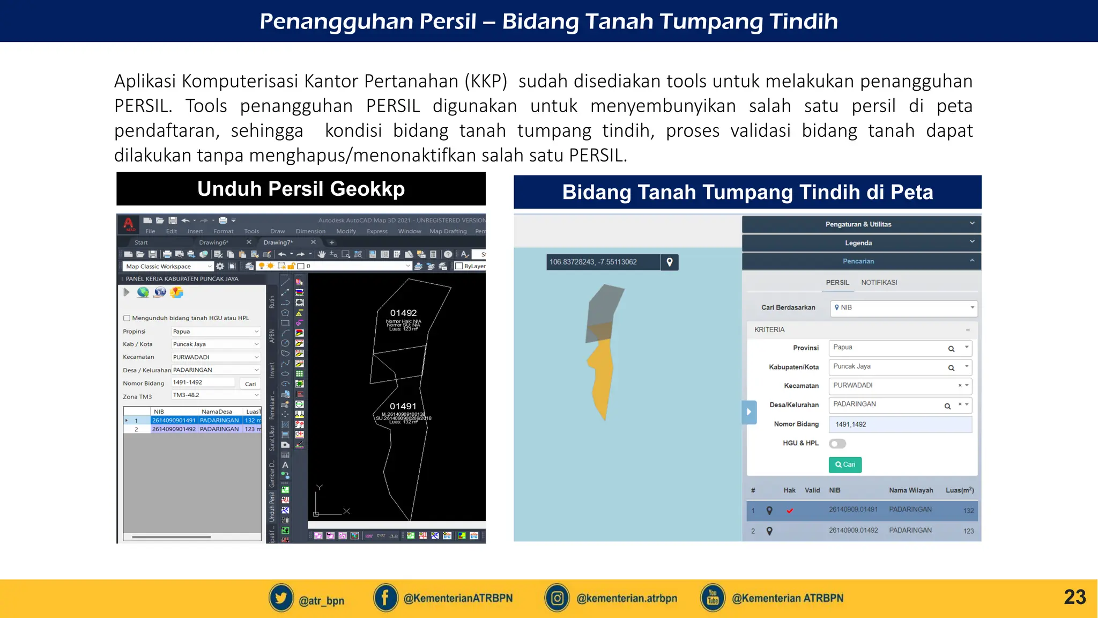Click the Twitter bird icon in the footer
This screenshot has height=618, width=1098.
tap(281, 598)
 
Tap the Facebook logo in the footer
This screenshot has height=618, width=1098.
tap(385, 598)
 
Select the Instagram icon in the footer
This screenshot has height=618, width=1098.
tap(557, 598)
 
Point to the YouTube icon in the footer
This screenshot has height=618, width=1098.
tap(713, 598)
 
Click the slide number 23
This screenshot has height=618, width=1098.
tap(1074, 597)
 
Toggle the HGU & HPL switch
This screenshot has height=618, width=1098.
tap(837, 444)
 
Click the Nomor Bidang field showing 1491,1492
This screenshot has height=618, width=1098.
tap(900, 424)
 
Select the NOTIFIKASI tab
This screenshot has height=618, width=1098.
tap(879, 283)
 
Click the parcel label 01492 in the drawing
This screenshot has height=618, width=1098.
tap(403, 313)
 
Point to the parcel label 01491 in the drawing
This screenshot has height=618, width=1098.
tap(403, 406)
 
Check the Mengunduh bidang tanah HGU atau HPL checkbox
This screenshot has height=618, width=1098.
tap(127, 318)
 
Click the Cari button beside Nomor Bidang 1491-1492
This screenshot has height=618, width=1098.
tap(250, 384)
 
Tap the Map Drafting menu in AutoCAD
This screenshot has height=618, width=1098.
tap(448, 231)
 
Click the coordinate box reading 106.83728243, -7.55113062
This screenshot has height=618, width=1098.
tap(603, 262)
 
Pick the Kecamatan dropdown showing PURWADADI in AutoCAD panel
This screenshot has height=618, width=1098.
tap(216, 357)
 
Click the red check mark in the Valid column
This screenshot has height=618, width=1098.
tap(790, 511)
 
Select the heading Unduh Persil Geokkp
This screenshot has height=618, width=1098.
tap(301, 189)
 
